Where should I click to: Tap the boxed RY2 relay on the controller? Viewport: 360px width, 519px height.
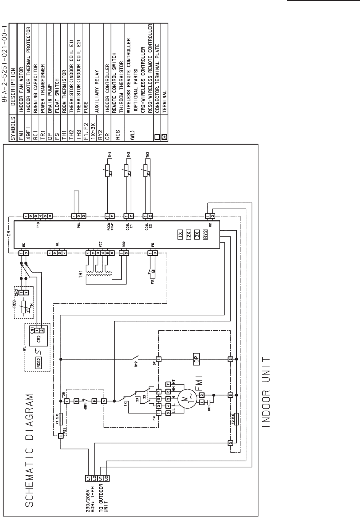(206, 234)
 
